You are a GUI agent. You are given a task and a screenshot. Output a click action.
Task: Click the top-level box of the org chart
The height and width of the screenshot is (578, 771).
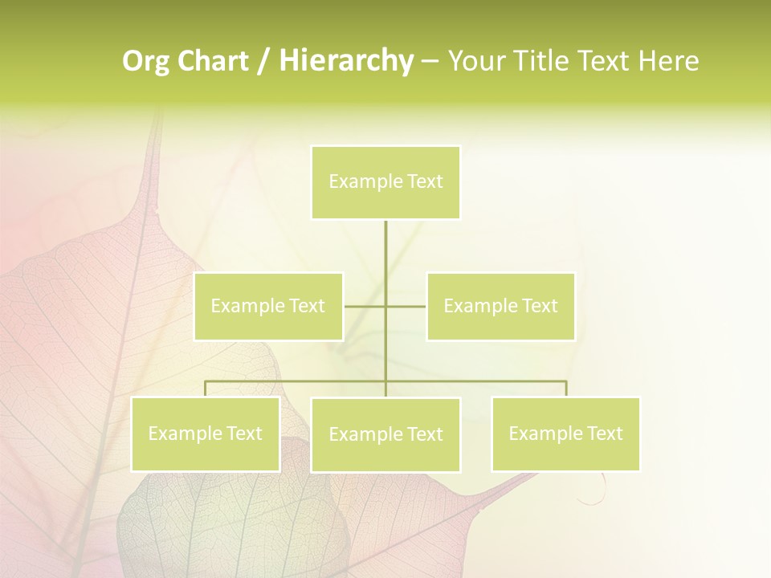tap(385, 182)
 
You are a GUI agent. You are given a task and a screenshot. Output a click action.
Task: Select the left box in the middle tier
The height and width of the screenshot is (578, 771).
tap(268, 306)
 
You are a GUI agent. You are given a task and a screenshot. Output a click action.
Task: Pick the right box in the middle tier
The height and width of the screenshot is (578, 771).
tap(500, 306)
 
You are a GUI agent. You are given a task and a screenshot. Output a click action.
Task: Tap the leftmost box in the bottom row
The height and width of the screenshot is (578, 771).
tap(206, 433)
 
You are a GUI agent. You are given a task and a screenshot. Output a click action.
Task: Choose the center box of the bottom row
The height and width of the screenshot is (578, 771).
tap(385, 434)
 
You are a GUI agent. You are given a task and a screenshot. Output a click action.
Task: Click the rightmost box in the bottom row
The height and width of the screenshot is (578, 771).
tap(565, 433)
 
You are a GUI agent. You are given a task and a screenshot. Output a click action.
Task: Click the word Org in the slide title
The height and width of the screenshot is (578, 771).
tap(145, 61)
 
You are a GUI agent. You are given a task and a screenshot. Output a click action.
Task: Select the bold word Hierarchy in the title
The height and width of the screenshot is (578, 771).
tap(345, 61)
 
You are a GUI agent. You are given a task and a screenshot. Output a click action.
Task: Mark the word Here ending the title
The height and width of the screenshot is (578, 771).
tap(668, 61)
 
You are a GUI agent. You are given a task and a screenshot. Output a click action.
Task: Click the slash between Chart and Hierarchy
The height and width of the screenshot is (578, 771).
tap(263, 62)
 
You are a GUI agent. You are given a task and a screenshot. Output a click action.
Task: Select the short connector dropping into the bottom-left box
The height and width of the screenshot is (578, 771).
tap(206, 389)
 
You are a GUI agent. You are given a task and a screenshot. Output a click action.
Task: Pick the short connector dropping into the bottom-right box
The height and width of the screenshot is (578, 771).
tap(566, 389)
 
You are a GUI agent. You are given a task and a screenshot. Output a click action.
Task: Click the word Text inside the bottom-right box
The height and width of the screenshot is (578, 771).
tap(604, 433)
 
